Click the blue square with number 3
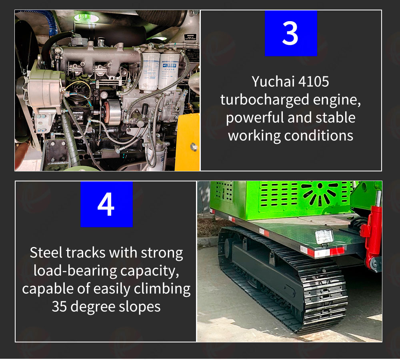coord(291,33)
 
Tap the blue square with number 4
coord(106,204)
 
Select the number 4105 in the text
coord(314,82)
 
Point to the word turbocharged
coord(264,99)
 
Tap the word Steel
coord(46,253)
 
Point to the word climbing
coord(162,289)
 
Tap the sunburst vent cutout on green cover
coord(320,193)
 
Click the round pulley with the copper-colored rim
coord(112,112)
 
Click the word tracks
coord(86,253)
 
